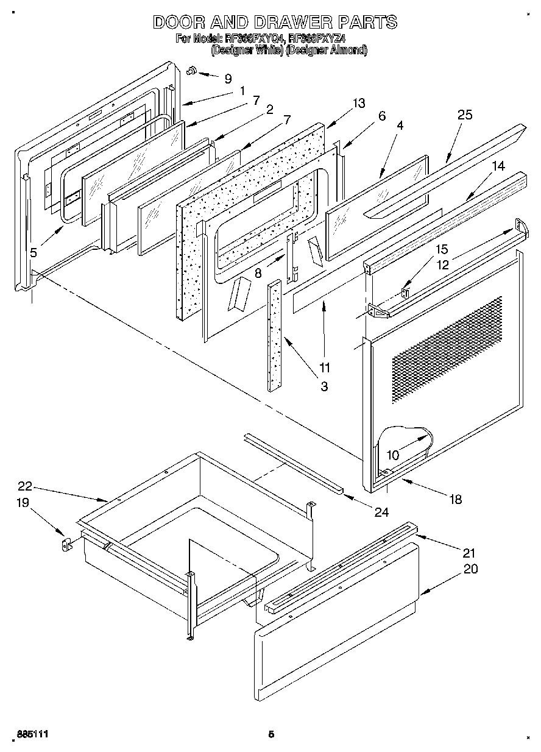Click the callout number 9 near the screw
[x=228, y=79]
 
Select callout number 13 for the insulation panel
[x=359, y=103]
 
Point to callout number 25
[x=465, y=115]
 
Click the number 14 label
[x=498, y=166]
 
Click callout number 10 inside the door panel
[x=393, y=455]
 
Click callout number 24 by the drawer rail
[x=381, y=513]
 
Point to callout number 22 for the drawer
[x=24, y=486]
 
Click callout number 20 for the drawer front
[x=470, y=569]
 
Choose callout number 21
[x=469, y=553]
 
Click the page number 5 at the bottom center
[x=271, y=735]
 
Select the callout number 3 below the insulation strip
[x=324, y=386]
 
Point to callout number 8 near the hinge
[x=258, y=274]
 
